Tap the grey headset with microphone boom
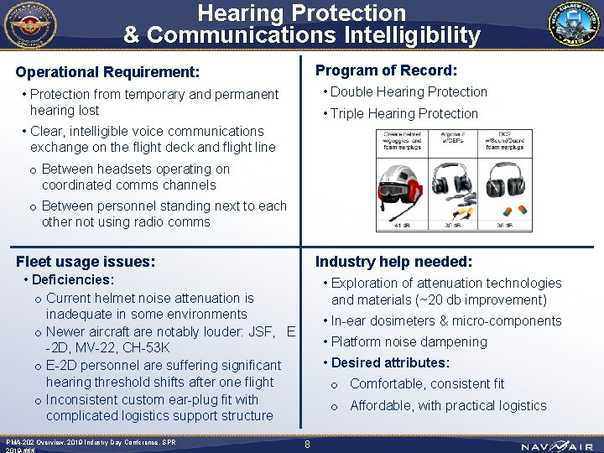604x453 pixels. click(x=453, y=186)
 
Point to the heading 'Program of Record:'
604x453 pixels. click(x=386, y=70)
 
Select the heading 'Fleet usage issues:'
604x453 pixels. click(x=86, y=262)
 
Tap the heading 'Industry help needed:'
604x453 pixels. click(x=393, y=262)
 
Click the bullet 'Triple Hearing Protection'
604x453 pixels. click(x=404, y=113)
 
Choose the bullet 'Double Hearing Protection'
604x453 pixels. click(x=409, y=91)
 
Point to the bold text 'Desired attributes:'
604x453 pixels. click(x=390, y=362)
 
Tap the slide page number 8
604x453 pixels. click(x=308, y=445)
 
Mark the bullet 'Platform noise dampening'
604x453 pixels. click(x=409, y=341)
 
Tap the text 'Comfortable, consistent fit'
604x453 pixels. click(x=427, y=384)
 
